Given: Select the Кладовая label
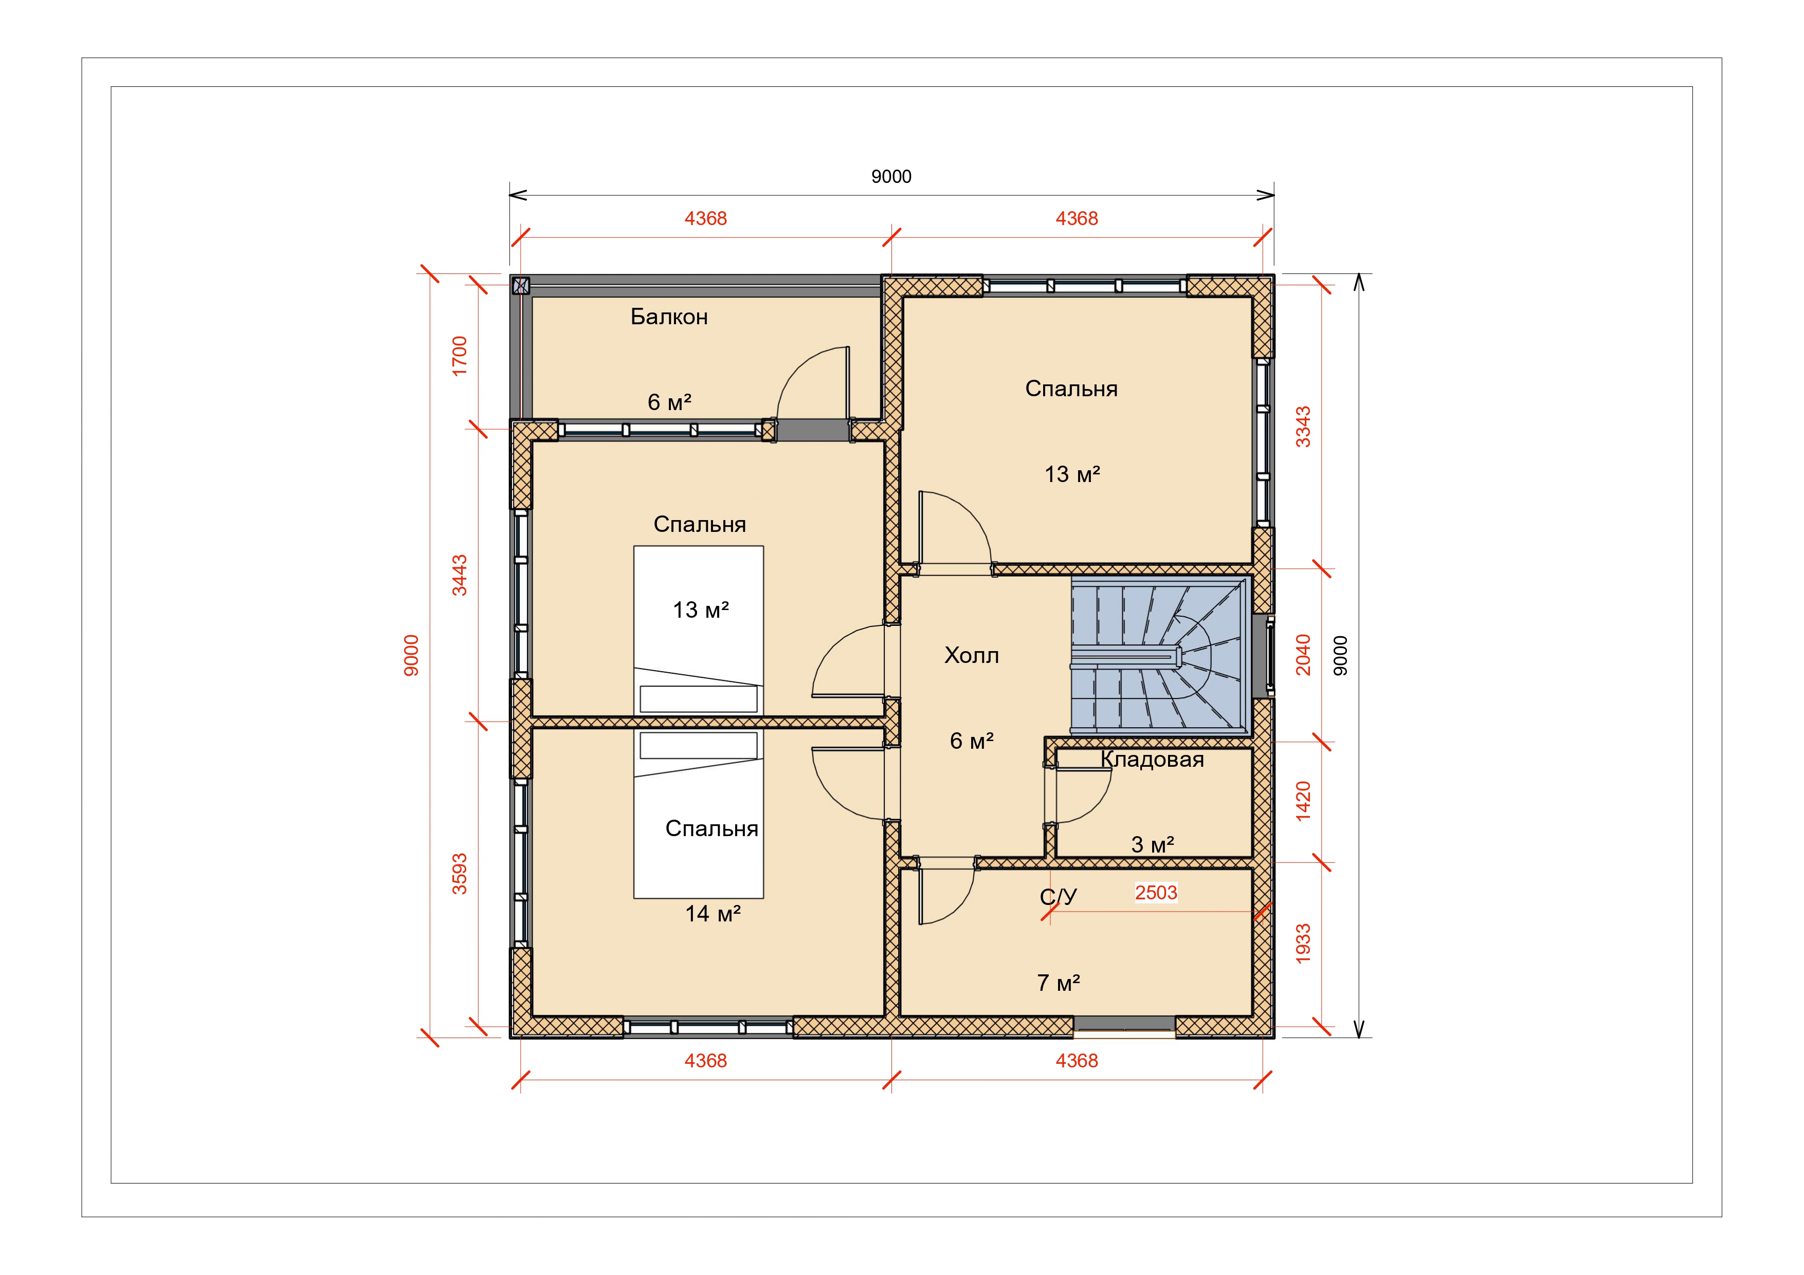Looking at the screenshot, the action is coord(1152,760).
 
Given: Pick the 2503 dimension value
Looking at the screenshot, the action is coord(1156,893).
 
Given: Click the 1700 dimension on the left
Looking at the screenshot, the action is coord(460,356).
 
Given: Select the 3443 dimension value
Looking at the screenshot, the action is coord(460,575).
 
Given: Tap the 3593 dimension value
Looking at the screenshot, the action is coord(460,874).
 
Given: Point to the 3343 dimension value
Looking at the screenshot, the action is coord(1303,427).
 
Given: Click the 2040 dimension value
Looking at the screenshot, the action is coord(1303,655).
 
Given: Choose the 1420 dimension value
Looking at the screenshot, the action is coord(1303,801).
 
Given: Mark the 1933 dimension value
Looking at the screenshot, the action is coord(1303,944).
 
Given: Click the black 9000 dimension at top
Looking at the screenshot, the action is coord(891,177).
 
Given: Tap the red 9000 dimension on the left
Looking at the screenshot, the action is coord(411,655).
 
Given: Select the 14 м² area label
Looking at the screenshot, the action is coord(713,914).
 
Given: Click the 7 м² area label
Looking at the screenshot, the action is coord(1059,983).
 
